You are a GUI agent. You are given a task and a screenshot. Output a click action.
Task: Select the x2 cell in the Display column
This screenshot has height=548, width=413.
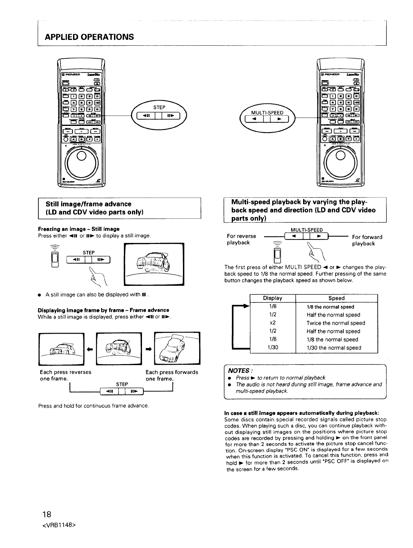[x=273, y=323]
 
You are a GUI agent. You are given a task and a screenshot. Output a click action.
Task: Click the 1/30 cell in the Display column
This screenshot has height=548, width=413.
[x=273, y=348]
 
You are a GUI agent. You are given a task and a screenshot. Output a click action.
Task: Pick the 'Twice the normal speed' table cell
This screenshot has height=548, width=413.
[x=336, y=323]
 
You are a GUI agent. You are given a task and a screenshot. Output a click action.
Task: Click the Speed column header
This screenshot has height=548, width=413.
[x=336, y=298]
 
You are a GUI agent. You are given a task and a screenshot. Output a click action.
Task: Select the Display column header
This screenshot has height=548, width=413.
[x=273, y=298]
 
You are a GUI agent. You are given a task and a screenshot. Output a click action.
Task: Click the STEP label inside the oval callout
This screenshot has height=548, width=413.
[x=159, y=107]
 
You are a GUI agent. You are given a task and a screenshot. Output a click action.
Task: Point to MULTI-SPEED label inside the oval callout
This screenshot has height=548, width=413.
[x=267, y=113]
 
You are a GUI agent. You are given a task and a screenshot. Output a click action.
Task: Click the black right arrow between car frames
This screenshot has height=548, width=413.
[x=148, y=348]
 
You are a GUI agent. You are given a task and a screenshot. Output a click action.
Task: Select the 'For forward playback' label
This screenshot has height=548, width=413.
[x=367, y=240]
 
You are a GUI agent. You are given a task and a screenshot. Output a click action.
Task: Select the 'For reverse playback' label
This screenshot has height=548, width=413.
[x=241, y=239]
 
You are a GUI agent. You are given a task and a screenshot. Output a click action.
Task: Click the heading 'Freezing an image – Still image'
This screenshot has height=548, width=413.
[x=79, y=229]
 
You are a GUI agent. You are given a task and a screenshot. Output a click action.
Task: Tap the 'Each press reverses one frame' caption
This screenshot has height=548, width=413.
[x=66, y=375]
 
